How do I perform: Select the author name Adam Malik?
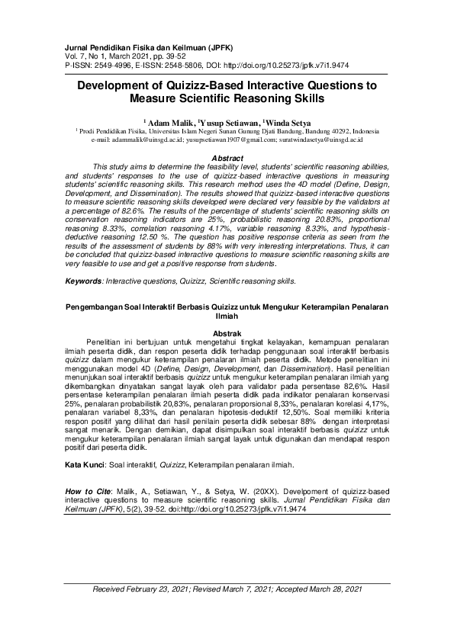[x=172, y=121]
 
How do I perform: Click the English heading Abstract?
[x=227, y=158]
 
